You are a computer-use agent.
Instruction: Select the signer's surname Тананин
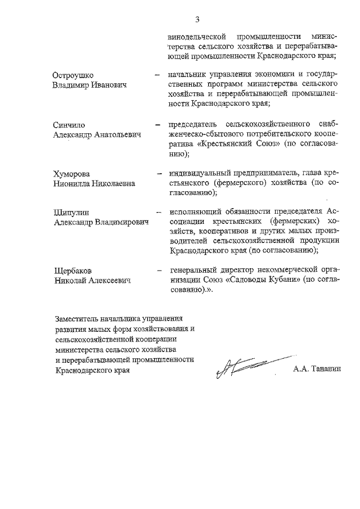328,370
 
